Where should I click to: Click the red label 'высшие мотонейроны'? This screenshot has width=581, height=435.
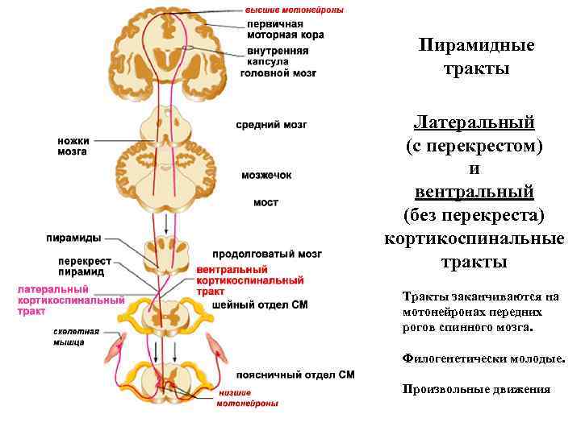[295, 10]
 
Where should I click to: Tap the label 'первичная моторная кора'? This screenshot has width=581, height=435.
[283, 30]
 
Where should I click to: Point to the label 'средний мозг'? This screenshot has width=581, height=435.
[271, 125]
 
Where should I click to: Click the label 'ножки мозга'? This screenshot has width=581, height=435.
[73, 146]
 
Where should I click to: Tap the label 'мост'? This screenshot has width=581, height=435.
[265, 203]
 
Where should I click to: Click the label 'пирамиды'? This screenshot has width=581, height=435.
[73, 238]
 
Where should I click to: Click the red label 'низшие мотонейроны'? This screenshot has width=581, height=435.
[247, 398]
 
